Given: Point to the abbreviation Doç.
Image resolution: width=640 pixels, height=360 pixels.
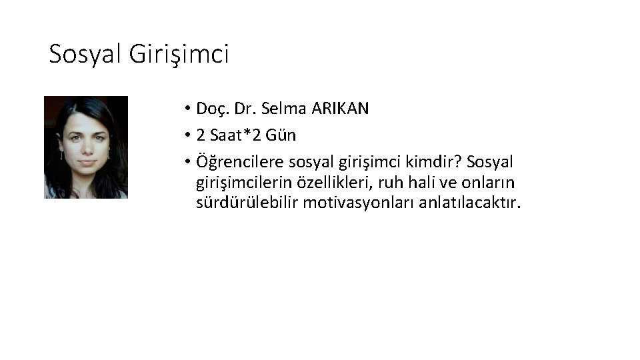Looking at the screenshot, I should (x=212, y=109).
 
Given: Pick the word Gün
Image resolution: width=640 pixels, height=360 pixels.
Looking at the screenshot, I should (x=282, y=135).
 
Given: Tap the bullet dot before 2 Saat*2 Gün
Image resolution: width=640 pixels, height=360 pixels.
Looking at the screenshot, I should (x=189, y=136).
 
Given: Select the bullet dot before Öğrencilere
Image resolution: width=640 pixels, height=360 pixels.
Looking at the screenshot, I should (x=189, y=163).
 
